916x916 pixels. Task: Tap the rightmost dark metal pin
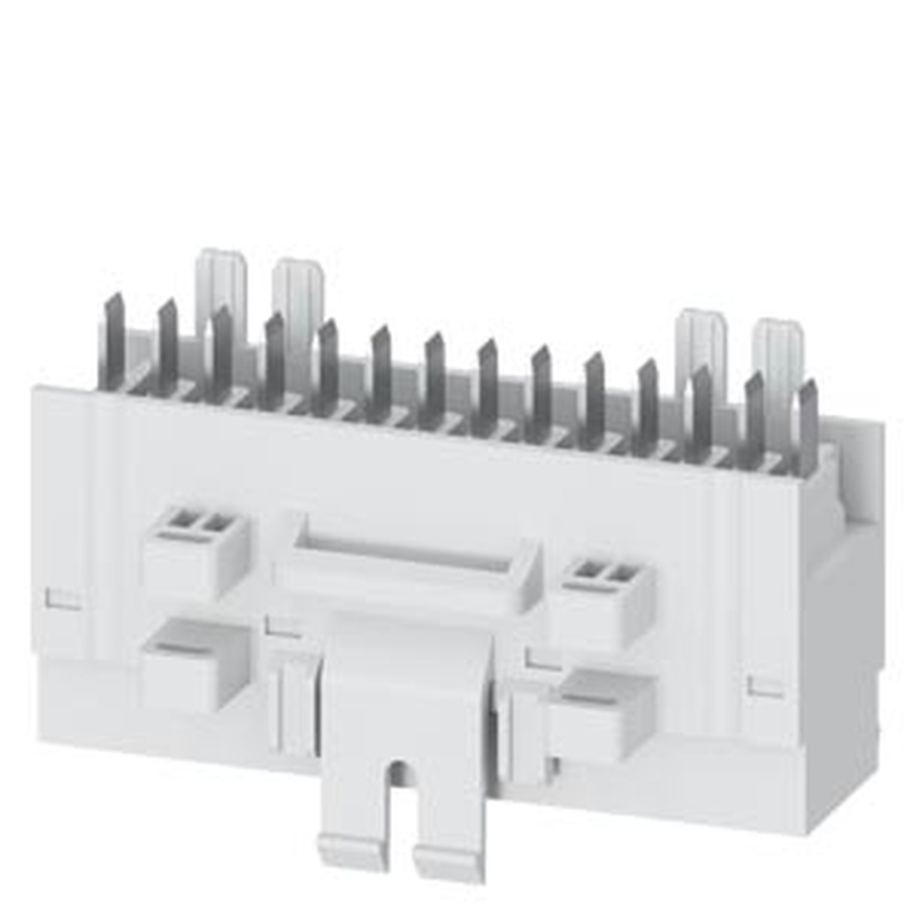(x=808, y=427)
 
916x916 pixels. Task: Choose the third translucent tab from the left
(x=702, y=343)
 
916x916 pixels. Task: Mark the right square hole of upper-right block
(x=623, y=574)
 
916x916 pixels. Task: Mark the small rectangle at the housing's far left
(x=63, y=599)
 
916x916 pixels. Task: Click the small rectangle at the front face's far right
(x=766, y=686)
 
